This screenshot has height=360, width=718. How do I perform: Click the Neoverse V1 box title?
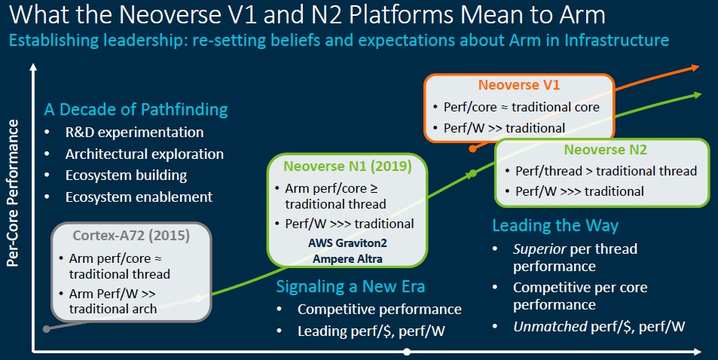(x=519, y=85)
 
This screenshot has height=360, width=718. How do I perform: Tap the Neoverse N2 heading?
(x=605, y=150)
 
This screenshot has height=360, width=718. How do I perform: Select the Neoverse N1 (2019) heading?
(x=347, y=166)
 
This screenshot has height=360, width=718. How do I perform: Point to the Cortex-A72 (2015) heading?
(x=131, y=236)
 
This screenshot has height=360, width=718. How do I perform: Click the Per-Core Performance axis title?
(x=13, y=193)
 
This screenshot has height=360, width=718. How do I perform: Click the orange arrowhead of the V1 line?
(x=695, y=68)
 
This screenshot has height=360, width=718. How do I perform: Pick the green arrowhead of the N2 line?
(x=698, y=95)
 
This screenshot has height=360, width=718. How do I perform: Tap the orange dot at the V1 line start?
(x=473, y=148)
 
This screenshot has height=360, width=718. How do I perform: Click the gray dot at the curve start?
(x=46, y=329)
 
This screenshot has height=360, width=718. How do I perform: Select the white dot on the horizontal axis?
(x=407, y=352)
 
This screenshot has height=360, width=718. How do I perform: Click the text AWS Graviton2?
(x=347, y=243)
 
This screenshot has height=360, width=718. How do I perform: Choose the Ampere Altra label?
(x=347, y=259)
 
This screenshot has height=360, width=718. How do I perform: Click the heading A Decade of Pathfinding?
(x=136, y=110)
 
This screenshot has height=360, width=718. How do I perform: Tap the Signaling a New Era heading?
(x=350, y=287)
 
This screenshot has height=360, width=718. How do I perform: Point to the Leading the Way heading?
(x=555, y=226)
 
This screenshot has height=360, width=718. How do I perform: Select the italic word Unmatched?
(x=550, y=327)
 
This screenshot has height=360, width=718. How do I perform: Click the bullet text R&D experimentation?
(x=135, y=133)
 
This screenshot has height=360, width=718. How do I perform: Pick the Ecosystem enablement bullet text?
(x=139, y=197)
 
